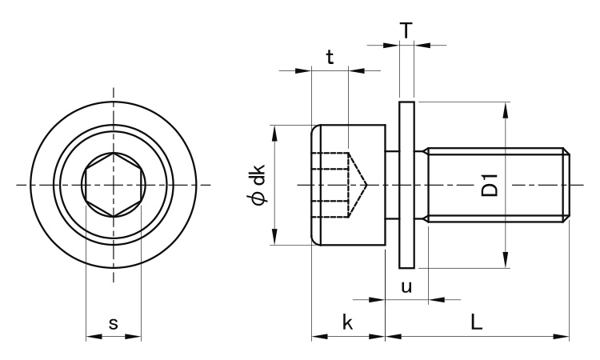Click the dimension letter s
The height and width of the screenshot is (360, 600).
pyautogui.click(x=114, y=324)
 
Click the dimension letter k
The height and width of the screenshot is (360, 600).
pyautogui.click(x=347, y=322)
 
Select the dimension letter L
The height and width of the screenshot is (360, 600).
pyautogui.click(x=477, y=322)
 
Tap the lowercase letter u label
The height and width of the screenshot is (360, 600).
pyautogui.click(x=406, y=286)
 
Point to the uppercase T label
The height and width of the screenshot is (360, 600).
pyautogui.click(x=406, y=30)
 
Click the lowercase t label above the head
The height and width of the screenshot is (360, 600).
pyautogui.click(x=330, y=58)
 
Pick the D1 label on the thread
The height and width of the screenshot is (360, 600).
pyautogui.click(x=490, y=185)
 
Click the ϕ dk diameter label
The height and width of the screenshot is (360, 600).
pyautogui.click(x=257, y=185)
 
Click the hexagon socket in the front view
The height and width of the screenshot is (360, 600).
pyautogui.click(x=114, y=185)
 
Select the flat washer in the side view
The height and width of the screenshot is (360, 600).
pyautogui.click(x=406, y=185)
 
